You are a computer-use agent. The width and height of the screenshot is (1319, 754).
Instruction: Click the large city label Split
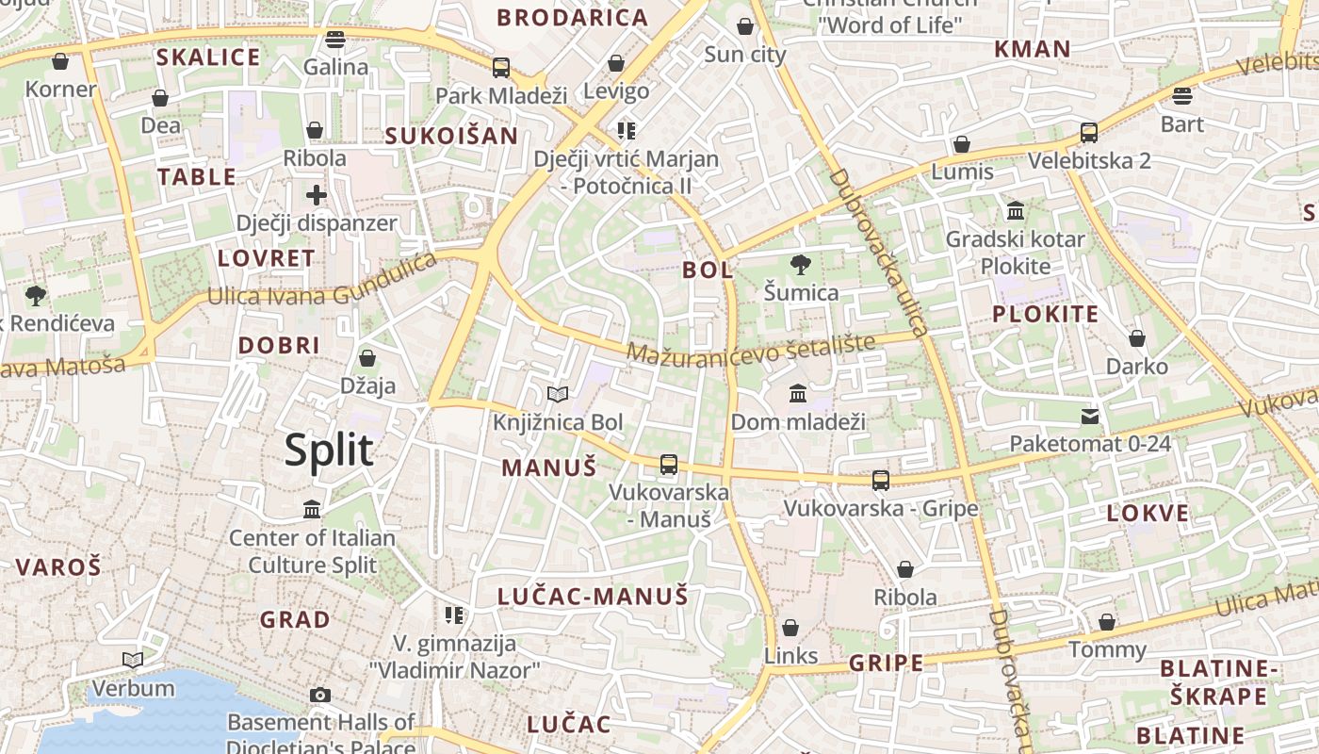point(329,451)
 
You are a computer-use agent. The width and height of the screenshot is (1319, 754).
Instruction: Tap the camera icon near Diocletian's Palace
point(320,696)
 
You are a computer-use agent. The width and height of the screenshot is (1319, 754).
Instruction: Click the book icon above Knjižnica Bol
point(558,394)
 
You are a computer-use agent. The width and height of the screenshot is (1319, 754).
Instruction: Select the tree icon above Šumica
point(801,265)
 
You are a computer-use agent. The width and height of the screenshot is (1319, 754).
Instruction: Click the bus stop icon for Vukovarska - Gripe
point(880,481)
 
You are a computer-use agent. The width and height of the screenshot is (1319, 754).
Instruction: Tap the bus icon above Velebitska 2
point(1089,133)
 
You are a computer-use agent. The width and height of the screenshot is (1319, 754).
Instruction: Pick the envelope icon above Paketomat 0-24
point(1090,416)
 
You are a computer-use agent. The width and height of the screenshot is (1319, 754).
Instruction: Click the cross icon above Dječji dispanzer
point(317,195)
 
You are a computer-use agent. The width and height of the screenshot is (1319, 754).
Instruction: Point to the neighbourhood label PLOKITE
point(1045,315)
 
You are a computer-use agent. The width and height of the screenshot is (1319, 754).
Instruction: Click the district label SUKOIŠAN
point(451,136)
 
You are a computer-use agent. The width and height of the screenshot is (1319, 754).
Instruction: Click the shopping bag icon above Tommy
point(1107,622)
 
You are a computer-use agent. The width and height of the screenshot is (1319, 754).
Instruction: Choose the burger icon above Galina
point(335,40)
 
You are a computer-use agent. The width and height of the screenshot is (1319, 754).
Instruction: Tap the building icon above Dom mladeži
point(798,393)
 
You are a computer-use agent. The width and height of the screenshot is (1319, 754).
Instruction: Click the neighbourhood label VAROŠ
point(58,567)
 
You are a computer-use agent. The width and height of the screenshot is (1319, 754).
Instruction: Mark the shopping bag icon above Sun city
point(744,26)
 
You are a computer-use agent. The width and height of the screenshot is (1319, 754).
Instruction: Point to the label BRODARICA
point(573,17)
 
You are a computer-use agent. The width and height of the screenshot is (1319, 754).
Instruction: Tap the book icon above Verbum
point(133,660)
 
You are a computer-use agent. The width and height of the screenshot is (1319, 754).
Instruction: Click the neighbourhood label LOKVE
point(1148,514)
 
